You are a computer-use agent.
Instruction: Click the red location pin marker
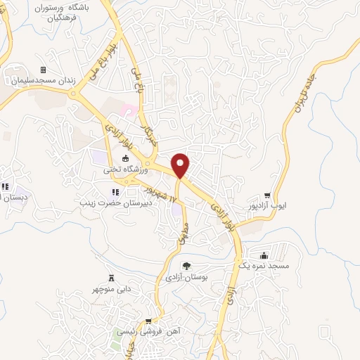pos(181,165)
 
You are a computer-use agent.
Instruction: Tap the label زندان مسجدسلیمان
pos(42,82)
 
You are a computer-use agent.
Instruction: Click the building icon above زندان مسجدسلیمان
pos(42,70)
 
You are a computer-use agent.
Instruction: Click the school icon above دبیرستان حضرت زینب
pos(115,193)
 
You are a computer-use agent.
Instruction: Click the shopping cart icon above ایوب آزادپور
pos(268,196)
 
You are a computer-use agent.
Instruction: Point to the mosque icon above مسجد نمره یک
pos(263,256)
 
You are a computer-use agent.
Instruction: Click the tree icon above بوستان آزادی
pos(186,266)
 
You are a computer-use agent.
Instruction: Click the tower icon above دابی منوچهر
pos(111,278)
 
